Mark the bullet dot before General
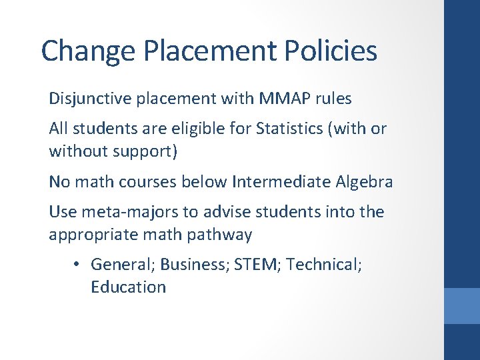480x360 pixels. [77, 265]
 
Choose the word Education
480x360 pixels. [128, 287]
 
